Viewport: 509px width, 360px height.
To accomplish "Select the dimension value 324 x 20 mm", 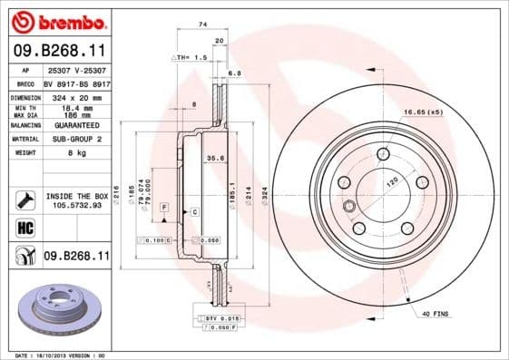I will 77,96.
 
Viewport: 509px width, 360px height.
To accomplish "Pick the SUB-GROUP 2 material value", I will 77,139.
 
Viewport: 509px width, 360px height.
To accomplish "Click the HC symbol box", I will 25,227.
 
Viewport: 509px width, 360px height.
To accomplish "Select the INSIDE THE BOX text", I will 77,196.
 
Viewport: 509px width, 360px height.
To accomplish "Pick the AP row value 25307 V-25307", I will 77,70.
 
